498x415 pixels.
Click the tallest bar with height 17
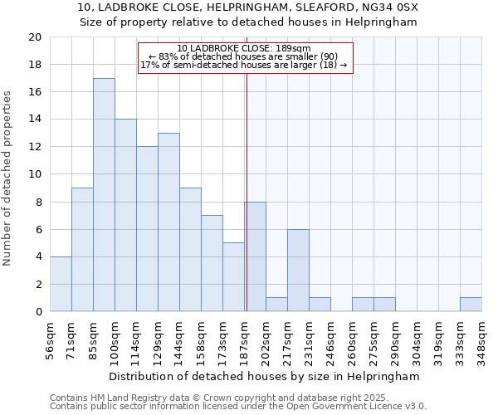(104, 195)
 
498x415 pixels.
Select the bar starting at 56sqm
(61, 284)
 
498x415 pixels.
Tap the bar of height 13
(168, 222)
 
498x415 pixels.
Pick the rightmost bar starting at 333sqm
(471, 305)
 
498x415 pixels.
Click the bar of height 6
(298, 271)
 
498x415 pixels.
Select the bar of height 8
(256, 256)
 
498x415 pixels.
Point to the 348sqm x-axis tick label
(481, 339)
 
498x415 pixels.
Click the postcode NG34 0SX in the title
(392, 7)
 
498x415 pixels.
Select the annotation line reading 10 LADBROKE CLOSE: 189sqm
(244, 48)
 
